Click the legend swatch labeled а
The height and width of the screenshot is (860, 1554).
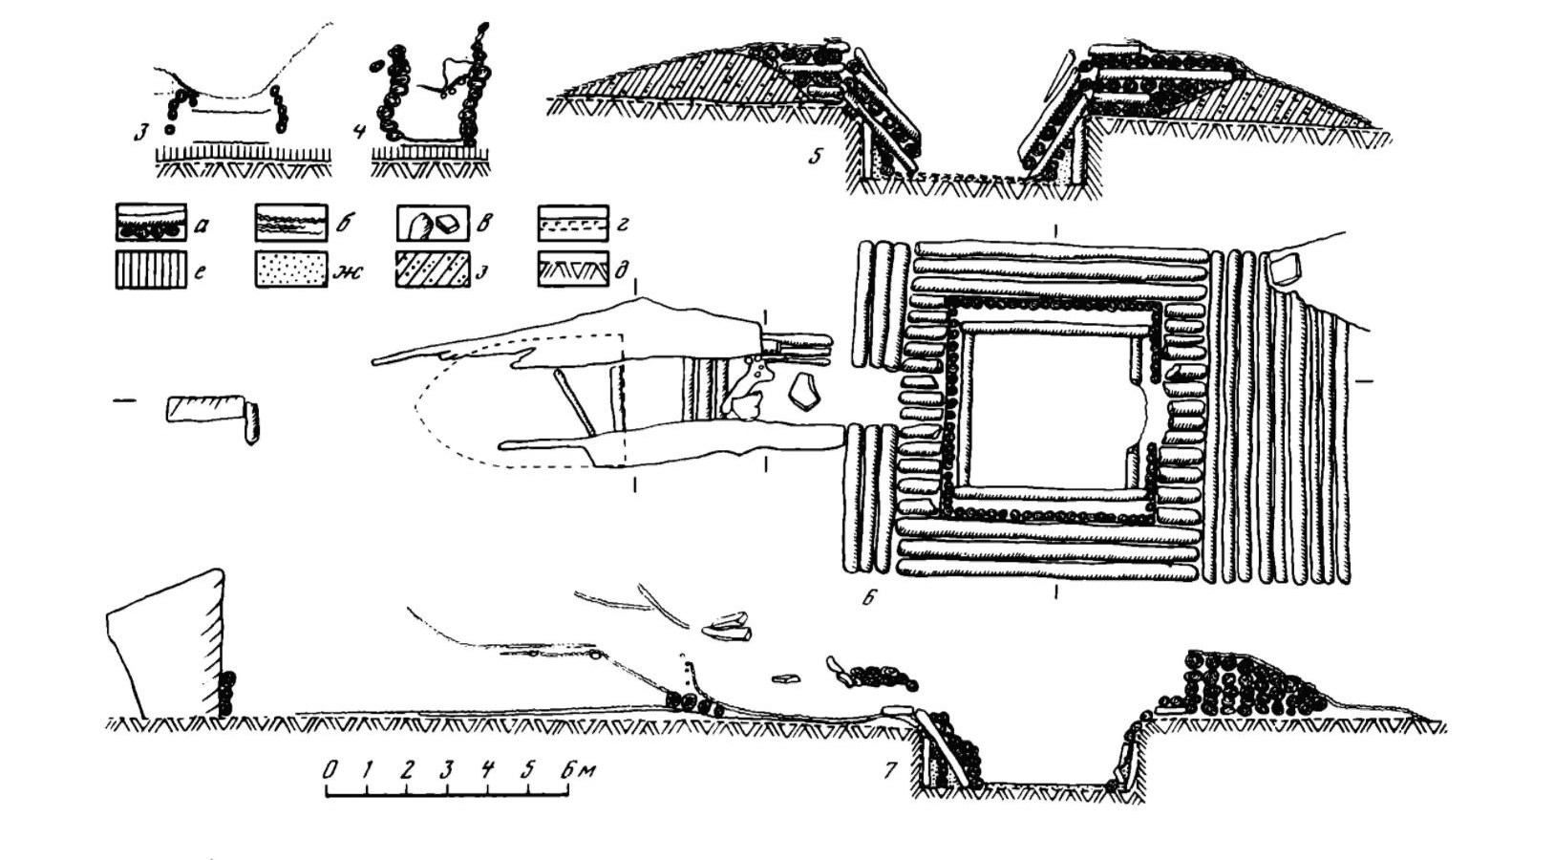[150, 223]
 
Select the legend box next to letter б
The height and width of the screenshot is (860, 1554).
[290, 223]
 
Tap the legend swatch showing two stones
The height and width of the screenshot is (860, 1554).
[433, 224]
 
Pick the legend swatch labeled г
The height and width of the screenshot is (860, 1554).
[573, 223]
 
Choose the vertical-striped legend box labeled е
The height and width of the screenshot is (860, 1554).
[150, 269]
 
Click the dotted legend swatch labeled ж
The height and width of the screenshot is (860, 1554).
[290, 269]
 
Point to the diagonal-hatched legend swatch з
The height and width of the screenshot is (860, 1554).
[433, 269]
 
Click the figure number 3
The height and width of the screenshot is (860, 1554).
[140, 131]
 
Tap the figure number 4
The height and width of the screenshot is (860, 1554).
[359, 130]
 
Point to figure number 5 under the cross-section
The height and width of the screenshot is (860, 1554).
[814, 156]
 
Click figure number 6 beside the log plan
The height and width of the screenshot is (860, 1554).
[868, 599]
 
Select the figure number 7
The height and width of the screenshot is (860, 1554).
[890, 768]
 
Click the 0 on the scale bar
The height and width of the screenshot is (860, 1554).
[330, 769]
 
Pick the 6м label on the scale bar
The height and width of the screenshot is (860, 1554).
[579, 769]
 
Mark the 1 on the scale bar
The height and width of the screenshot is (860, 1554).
[368, 769]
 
